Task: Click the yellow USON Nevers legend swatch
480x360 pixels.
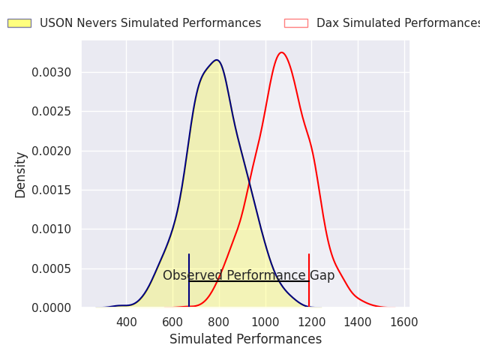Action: click(19, 23)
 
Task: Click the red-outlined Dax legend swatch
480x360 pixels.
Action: click(296, 23)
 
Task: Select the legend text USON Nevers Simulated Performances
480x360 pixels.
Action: click(150, 23)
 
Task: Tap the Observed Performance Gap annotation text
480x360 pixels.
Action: click(248, 275)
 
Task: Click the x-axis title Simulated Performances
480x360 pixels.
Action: click(245, 339)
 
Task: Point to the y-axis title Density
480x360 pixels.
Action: click(20, 174)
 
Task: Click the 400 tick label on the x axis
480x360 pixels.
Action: click(126, 322)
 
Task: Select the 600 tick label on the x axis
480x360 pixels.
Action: click(172, 322)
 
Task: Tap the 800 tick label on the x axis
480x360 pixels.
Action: click(219, 322)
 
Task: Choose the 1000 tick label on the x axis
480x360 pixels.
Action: click(265, 322)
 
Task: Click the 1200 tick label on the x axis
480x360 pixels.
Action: click(311, 322)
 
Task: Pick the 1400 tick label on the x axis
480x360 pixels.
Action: click(358, 322)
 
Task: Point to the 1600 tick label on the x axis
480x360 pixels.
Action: click(404, 322)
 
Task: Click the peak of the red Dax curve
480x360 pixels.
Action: click(281, 52)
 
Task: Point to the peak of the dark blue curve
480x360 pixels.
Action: click(217, 60)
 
